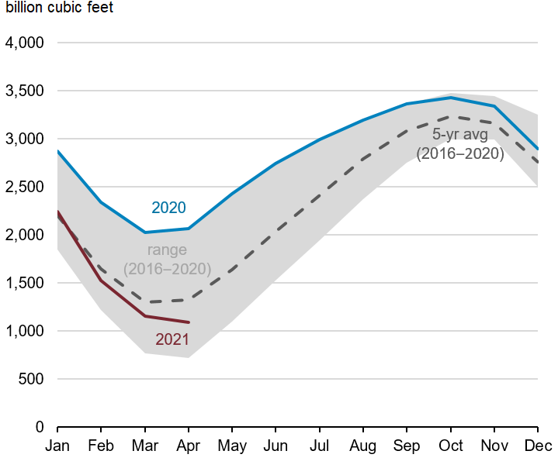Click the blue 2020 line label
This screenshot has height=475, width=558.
[x=168, y=208]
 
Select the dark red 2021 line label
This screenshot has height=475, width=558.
[x=172, y=339]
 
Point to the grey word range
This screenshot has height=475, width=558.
[x=167, y=250]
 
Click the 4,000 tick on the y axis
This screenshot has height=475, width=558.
[x=25, y=43]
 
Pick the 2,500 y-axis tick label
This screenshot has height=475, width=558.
[x=25, y=187]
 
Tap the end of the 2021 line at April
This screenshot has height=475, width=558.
[x=189, y=322]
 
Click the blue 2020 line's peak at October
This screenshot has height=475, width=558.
[x=450, y=98]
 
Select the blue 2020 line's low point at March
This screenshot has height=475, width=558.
[x=145, y=232]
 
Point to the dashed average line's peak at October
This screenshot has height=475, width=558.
[x=450, y=117]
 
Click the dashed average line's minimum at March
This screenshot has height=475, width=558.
[x=145, y=302]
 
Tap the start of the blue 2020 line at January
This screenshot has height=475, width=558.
[x=58, y=151]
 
